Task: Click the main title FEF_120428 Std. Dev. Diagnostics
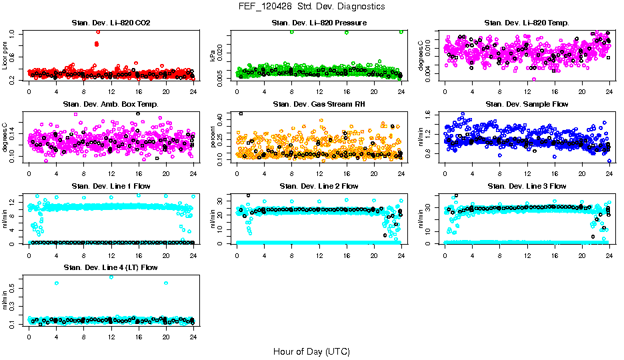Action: tap(311, 6)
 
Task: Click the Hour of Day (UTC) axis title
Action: tap(311, 351)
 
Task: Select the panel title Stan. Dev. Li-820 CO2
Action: tap(111, 23)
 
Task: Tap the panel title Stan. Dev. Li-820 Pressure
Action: tap(319, 23)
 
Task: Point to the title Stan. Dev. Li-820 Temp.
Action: tap(527, 23)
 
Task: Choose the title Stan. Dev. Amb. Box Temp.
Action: tap(111, 105)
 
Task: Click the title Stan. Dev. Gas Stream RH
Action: tap(319, 105)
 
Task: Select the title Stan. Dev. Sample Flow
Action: tap(527, 105)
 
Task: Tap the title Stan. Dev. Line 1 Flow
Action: tap(111, 186)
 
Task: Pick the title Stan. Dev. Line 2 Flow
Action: tap(319, 186)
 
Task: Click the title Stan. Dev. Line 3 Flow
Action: tap(527, 186)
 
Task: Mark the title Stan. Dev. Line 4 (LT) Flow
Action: tap(111, 267)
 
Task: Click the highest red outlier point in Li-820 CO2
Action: tap(98, 31)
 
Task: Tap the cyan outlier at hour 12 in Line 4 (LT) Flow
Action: tap(111, 277)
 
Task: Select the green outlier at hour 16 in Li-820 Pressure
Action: tap(347, 32)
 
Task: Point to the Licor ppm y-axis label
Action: tap(5, 56)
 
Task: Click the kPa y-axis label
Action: tap(213, 56)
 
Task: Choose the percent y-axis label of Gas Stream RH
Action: tap(213, 137)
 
